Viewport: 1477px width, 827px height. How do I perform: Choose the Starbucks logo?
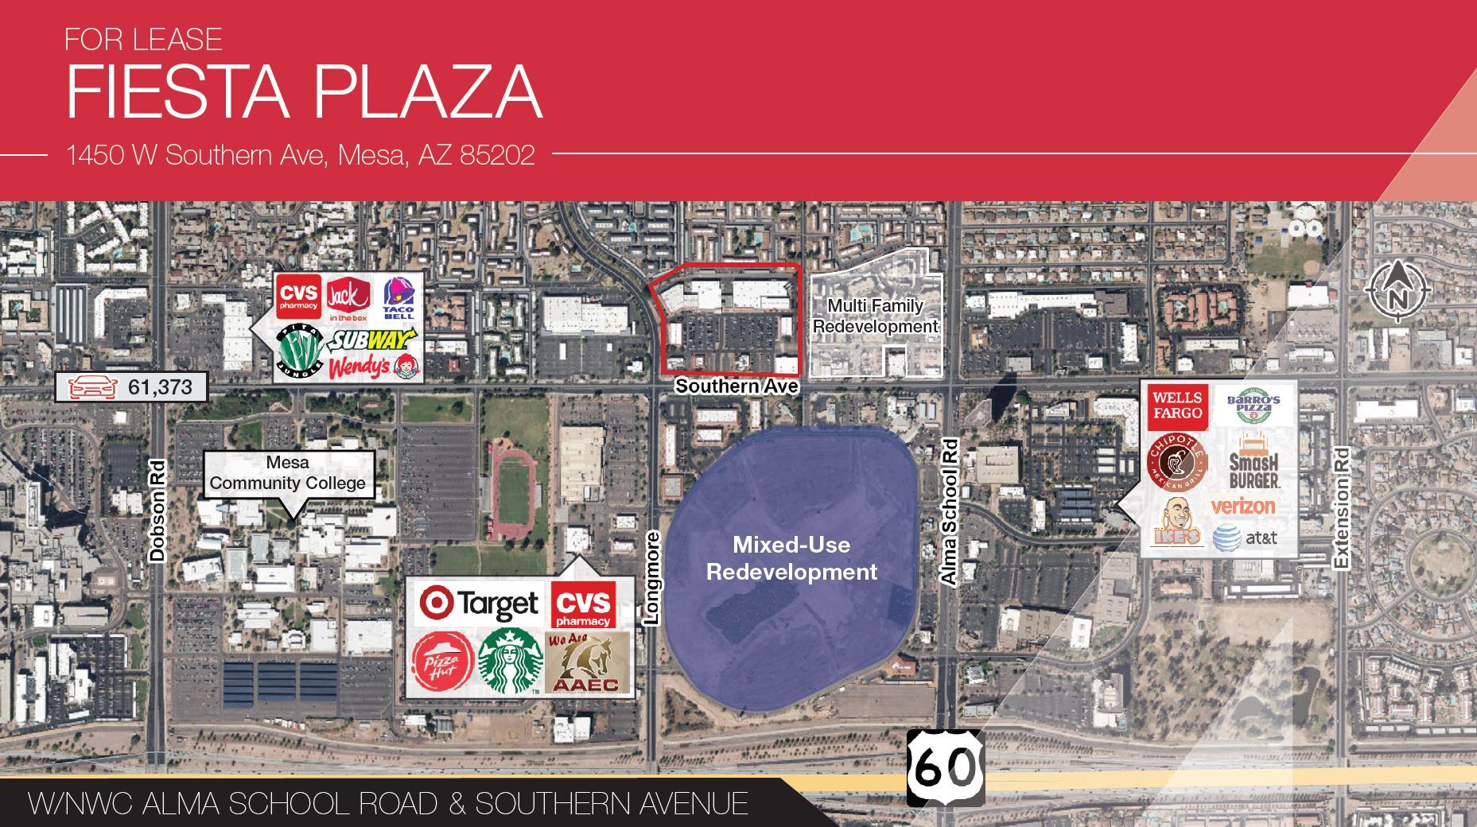click(510, 659)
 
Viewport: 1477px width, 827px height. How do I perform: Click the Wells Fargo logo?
click(1177, 405)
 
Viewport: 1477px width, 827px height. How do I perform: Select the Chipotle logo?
click(1177, 464)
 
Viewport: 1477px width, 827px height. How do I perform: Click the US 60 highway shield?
click(945, 767)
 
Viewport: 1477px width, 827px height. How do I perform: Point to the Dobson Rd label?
click(157, 511)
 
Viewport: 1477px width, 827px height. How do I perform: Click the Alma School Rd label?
click(949, 512)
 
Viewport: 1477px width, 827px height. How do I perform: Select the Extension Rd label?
click(1342, 508)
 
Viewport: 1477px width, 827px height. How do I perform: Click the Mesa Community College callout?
click(288, 473)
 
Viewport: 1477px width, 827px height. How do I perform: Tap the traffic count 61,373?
click(131, 387)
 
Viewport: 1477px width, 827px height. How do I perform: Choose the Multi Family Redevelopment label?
click(875, 316)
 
